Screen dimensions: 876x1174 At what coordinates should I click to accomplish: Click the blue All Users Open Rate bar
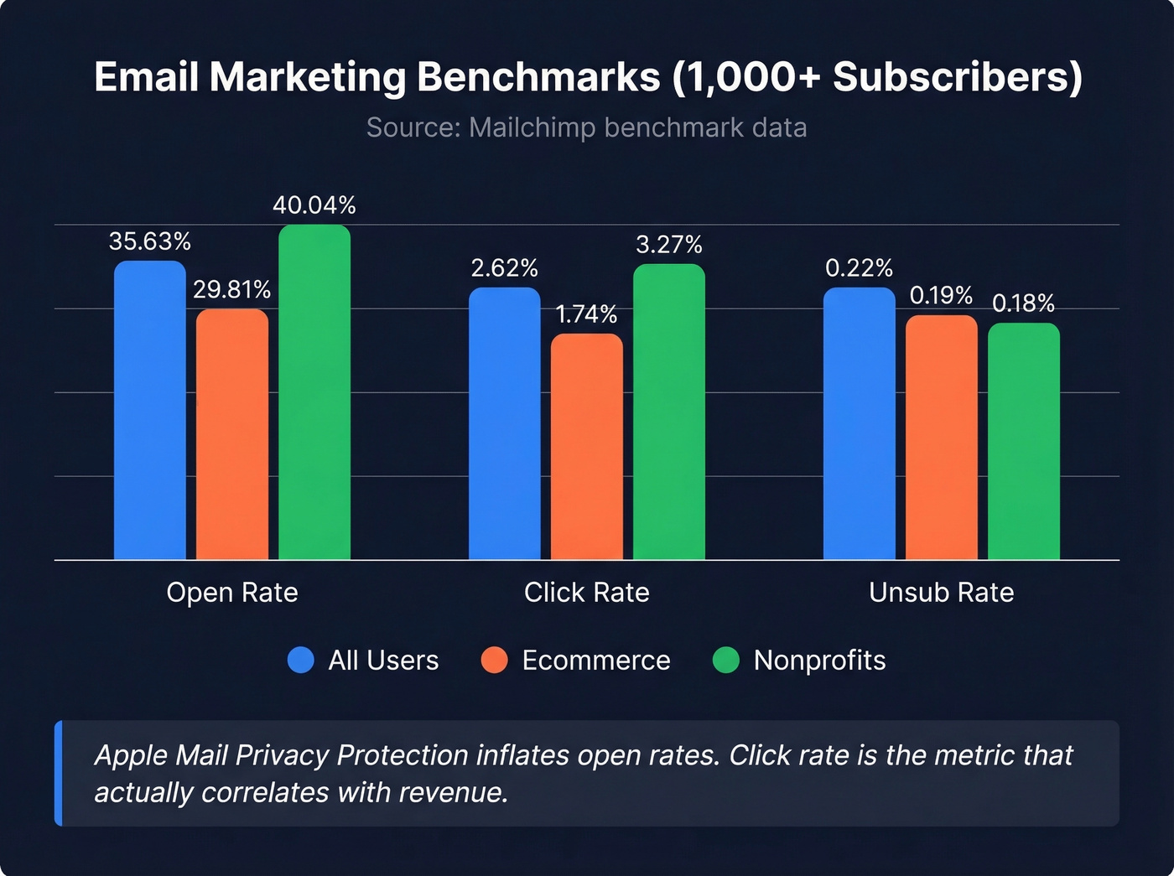[x=149, y=410]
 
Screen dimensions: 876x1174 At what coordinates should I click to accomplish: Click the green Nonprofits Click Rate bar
[x=669, y=412]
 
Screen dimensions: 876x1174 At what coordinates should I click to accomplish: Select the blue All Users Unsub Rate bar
[x=859, y=423]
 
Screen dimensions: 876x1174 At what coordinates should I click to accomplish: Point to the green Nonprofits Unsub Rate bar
[x=1024, y=441]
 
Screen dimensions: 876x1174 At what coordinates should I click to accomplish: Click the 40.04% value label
[x=314, y=205]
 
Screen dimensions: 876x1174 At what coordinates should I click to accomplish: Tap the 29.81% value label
[x=232, y=290]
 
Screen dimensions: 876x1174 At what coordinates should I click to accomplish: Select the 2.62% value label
[x=505, y=268]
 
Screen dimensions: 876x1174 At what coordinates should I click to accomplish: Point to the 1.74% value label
[x=587, y=314]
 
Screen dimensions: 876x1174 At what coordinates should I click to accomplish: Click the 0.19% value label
[x=941, y=296]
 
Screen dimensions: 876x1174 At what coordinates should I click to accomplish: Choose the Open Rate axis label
[x=232, y=593]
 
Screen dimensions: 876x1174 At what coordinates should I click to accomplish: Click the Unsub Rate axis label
[x=941, y=593]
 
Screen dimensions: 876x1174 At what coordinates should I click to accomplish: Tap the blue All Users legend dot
[x=301, y=661]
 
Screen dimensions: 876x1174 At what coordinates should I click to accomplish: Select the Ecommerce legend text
[x=595, y=661]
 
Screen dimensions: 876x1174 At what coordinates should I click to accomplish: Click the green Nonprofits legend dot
[x=725, y=661]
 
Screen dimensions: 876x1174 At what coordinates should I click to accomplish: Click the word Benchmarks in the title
[x=538, y=77]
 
